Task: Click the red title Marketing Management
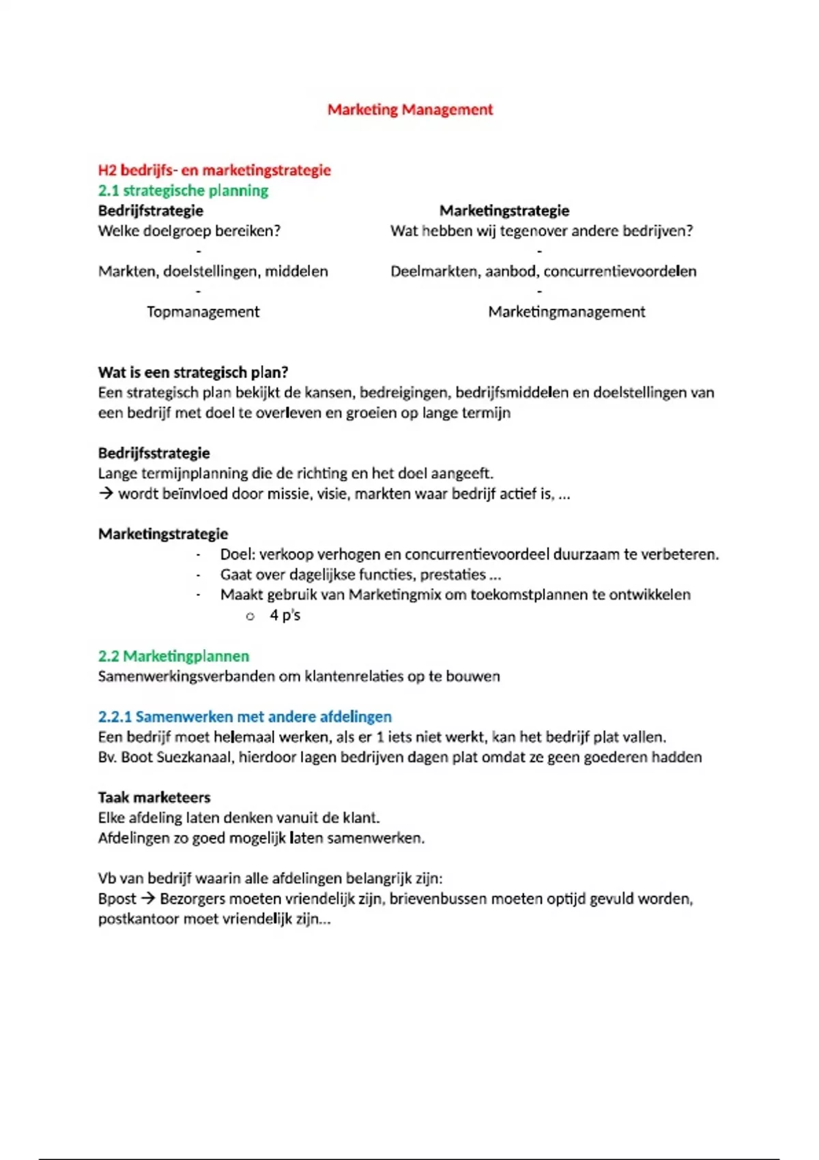point(409,109)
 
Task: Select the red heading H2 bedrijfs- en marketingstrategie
point(214,170)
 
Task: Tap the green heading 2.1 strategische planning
point(183,190)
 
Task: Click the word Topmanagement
point(203,312)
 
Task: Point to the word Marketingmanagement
point(566,312)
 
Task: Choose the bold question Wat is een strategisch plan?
point(193,372)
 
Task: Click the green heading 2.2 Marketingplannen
point(173,656)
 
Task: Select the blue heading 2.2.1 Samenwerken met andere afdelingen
point(244,716)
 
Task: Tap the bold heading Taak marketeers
point(154,797)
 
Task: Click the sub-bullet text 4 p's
point(285,615)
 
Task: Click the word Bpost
point(117,899)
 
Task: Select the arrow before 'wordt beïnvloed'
point(105,493)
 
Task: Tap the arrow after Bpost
point(147,899)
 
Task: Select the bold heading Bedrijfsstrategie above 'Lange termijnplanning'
point(154,453)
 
